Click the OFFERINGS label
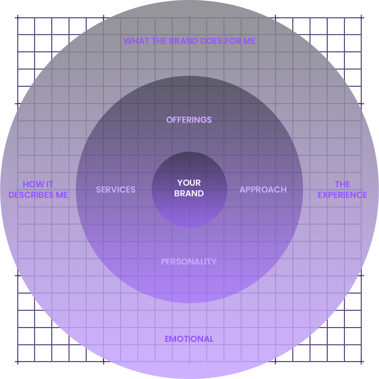tap(189, 120)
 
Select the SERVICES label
tap(115, 189)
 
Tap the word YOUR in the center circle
tap(189, 183)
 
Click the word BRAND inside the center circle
tap(189, 194)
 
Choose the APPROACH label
tap(263, 189)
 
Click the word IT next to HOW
tap(49, 185)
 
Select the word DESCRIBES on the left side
tap(31, 195)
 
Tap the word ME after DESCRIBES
tap(62, 195)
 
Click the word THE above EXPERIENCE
tap(342, 185)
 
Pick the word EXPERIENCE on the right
tap(342, 195)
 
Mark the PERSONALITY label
tap(189, 262)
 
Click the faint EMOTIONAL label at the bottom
tap(189, 339)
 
